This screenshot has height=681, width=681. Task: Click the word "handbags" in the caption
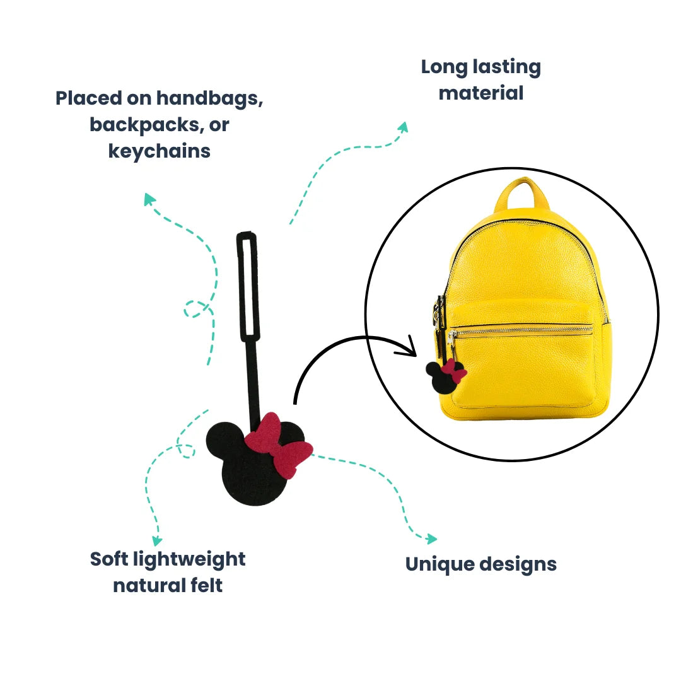pyautogui.click(x=209, y=98)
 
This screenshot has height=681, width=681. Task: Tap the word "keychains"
pyautogui.click(x=160, y=151)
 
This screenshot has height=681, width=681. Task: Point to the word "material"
pyautogui.click(x=481, y=93)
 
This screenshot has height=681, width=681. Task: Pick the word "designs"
pyautogui.click(x=520, y=564)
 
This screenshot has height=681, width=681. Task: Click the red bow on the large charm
pyautogui.click(x=279, y=444)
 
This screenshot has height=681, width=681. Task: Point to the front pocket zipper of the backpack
pyautogui.click(x=523, y=329)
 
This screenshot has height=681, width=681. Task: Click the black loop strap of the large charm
pyautogui.click(x=248, y=287)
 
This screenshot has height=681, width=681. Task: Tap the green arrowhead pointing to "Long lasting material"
pyautogui.click(x=402, y=127)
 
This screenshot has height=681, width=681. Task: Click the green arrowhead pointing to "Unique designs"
pyautogui.click(x=431, y=538)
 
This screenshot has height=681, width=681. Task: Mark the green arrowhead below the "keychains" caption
pyautogui.click(x=149, y=199)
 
